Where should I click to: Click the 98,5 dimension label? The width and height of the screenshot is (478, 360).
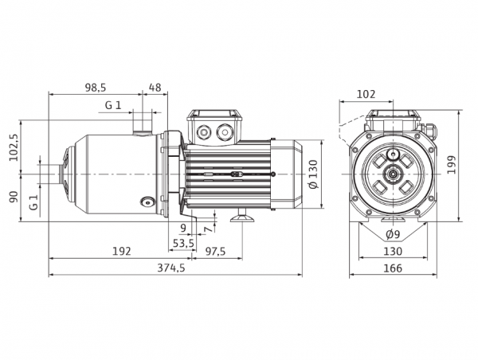[x=96, y=88]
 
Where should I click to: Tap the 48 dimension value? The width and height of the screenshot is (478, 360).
[x=155, y=88]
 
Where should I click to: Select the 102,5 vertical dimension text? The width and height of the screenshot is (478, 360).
[x=14, y=147]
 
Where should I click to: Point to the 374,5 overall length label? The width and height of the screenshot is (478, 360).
[x=171, y=268]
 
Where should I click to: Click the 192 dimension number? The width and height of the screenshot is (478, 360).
[x=122, y=252]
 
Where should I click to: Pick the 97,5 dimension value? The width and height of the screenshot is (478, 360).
[x=215, y=252]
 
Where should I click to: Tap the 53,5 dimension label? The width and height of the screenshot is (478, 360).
[x=183, y=243]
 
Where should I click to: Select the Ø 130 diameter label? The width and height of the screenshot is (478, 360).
[x=313, y=174]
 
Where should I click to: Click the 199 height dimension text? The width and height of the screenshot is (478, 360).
[x=451, y=165]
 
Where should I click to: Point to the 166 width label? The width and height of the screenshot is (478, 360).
[x=393, y=268]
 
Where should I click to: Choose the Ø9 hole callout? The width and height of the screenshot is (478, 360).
[x=393, y=234]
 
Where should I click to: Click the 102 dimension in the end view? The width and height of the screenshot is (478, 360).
[x=366, y=94]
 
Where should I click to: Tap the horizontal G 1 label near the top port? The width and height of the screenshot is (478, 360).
[x=113, y=105]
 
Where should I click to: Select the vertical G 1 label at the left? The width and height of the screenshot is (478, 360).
[x=33, y=203]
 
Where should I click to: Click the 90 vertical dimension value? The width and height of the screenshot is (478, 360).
[x=14, y=197]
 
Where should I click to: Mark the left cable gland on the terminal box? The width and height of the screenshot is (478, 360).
[x=203, y=132]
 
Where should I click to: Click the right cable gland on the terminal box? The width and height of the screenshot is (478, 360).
[x=225, y=132]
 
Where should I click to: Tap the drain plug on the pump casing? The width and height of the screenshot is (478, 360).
[x=147, y=202]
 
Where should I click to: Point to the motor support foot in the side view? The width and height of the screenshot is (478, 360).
[x=242, y=216]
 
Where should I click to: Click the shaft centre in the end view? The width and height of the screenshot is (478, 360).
[x=394, y=174]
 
